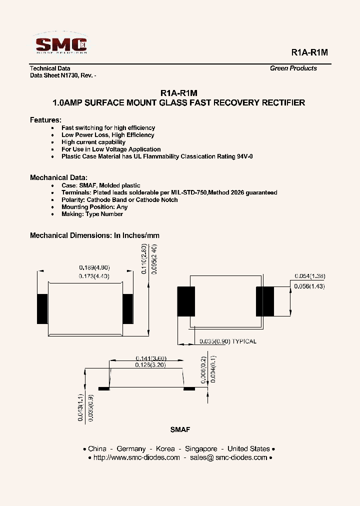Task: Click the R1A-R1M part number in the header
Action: click(309, 52)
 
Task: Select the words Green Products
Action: click(293, 68)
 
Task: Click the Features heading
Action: click(45, 120)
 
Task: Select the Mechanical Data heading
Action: click(58, 177)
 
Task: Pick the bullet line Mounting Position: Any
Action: click(94, 207)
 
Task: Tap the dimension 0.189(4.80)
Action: click(94, 267)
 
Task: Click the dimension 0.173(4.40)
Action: click(94, 276)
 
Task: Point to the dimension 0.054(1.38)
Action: click(309, 276)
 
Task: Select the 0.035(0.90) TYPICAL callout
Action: click(227, 341)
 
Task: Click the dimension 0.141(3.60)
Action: click(150, 358)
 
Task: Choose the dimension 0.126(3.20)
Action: click(150, 365)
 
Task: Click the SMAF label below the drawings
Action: click(180, 429)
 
